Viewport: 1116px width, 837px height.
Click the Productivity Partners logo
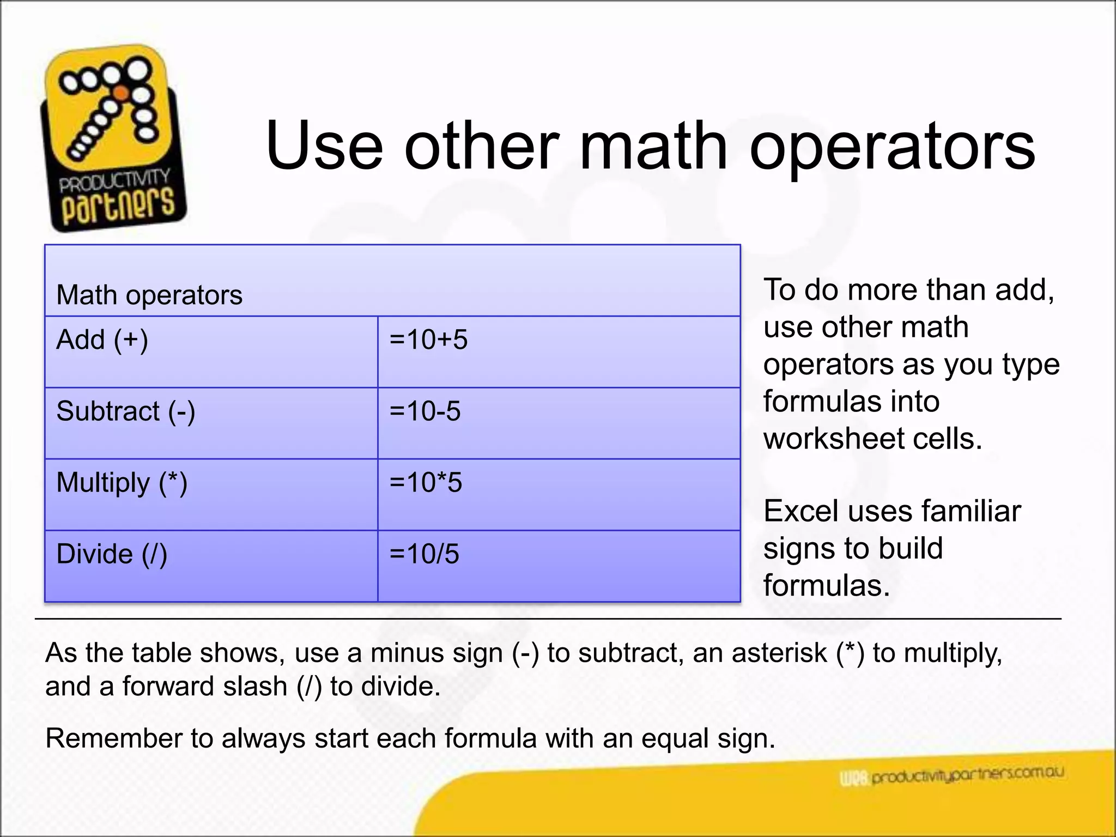point(113,139)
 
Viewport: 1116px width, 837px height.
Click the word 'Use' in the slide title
point(324,146)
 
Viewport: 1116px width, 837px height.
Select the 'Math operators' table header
point(149,295)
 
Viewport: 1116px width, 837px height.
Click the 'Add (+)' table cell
point(102,340)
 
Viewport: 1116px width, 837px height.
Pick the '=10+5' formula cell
point(428,339)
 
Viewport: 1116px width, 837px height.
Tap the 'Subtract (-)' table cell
point(126,411)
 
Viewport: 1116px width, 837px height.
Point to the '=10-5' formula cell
point(425,411)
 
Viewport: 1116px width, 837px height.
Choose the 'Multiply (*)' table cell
point(122,483)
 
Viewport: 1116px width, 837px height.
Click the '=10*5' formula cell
point(426,483)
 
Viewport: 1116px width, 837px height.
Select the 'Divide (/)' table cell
point(112,554)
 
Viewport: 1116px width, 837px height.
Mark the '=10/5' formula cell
point(424,554)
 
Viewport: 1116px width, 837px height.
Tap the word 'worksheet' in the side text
point(833,439)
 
